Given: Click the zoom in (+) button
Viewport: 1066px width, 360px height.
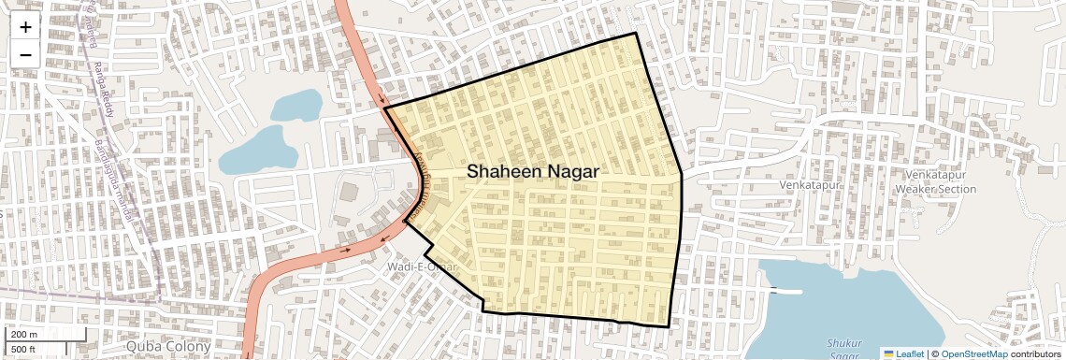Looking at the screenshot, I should [25, 26].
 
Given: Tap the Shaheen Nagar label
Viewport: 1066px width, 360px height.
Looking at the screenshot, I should [532, 172].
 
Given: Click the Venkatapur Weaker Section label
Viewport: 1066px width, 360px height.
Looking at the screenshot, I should [935, 182].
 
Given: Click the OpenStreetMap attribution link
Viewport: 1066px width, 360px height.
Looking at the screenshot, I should [973, 353].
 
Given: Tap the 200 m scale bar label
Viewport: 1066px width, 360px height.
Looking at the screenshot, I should [24, 334].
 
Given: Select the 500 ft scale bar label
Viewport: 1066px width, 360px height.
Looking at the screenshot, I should [23, 350].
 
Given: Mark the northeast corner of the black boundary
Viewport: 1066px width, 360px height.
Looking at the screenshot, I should [636, 34].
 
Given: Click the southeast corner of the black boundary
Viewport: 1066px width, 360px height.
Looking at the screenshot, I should [670, 326].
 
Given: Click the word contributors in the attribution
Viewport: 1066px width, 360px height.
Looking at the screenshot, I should [1036, 353].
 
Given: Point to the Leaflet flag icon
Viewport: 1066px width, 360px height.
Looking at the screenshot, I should [887, 353].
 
